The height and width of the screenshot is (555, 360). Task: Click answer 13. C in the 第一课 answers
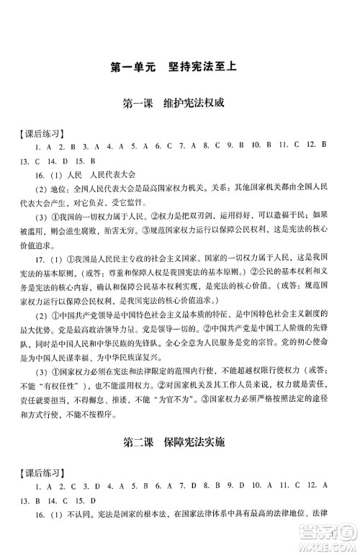tap(31, 161)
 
